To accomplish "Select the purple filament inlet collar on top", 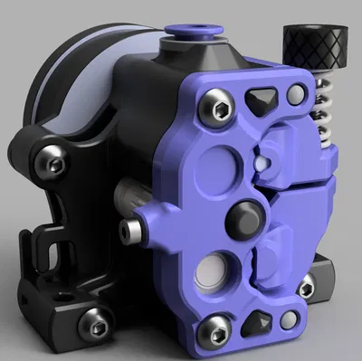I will (192, 35).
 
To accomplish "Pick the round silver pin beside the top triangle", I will (296, 94).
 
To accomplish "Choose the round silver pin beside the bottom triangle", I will (289, 320).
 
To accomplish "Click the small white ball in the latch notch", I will (260, 161).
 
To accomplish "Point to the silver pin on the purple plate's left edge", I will (135, 233).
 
